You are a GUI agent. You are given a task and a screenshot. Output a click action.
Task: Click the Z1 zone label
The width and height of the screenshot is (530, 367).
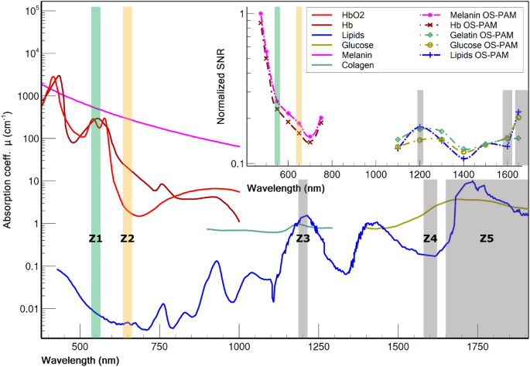coord(95,239)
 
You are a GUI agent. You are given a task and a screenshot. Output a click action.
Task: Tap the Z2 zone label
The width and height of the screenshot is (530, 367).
coord(128,239)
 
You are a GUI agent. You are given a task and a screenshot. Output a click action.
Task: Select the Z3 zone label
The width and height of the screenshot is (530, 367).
coord(303,239)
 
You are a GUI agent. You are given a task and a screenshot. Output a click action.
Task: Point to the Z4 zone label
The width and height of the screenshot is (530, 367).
coord(430,239)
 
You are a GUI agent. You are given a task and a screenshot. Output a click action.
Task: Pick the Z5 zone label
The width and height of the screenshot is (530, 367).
coord(486,239)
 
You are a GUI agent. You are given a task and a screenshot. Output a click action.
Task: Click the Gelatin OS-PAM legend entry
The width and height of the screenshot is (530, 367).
coord(474,35)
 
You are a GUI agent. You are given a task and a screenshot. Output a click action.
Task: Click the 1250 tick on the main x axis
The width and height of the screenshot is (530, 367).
coord(319,349)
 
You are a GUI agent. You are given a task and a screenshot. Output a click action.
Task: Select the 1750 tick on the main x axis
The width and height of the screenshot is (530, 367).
coord(478,349)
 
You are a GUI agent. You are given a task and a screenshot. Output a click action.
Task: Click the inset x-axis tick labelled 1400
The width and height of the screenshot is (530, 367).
coord(463,175)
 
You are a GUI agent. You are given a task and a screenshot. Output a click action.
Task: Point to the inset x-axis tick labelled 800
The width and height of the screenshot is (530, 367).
coord(332,175)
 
